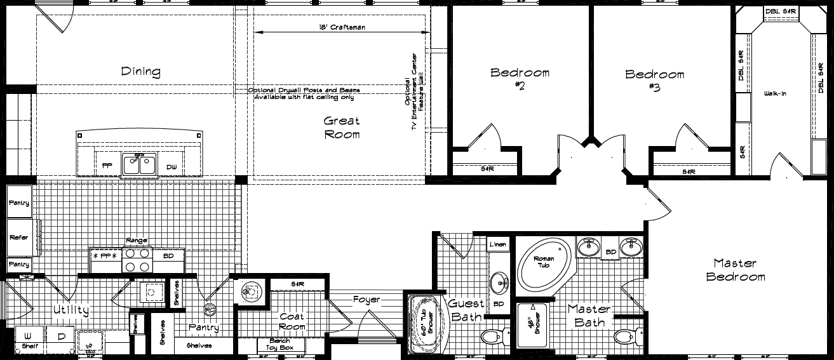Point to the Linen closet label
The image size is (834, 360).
(499, 244)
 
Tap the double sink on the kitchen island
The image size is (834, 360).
(140, 164)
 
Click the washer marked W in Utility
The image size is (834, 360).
(28, 335)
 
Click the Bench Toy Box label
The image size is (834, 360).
(281, 345)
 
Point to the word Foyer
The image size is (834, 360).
(367, 299)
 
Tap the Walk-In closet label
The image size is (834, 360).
(775, 94)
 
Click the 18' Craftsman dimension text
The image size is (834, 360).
(342, 27)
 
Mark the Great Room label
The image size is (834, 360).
(342, 127)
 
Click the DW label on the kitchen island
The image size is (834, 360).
(172, 167)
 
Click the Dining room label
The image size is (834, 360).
(140, 72)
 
